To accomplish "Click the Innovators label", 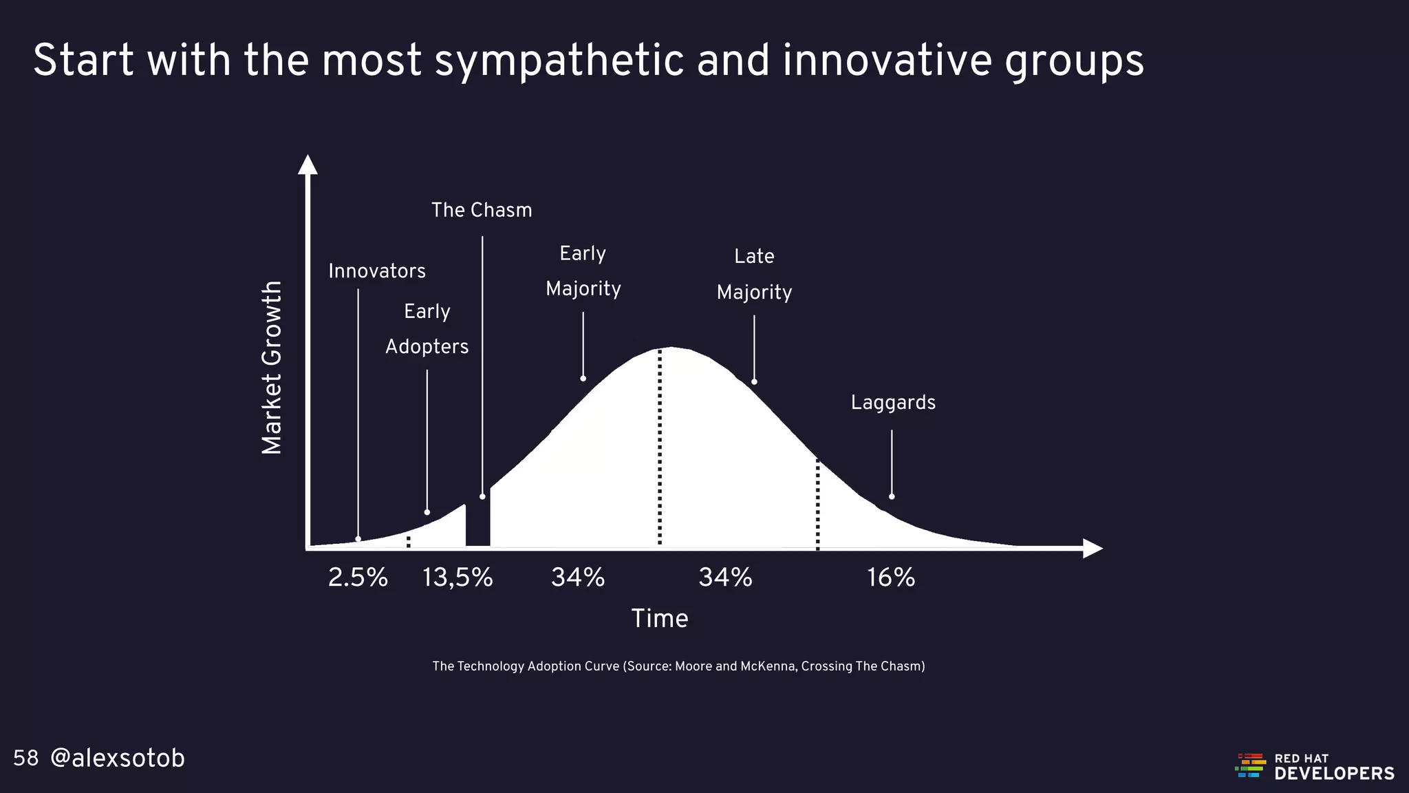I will (377, 271).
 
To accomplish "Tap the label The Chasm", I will (482, 210).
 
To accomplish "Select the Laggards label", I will (893, 403).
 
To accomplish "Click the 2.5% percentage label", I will (358, 578).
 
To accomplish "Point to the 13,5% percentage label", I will (458, 578).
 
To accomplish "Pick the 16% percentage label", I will (891, 578).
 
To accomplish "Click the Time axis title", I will (660, 618).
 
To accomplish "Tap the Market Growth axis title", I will (272, 368).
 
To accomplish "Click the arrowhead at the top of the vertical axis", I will (308, 165).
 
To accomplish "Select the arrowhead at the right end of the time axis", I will (1092, 549).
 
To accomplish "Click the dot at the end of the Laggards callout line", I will (892, 496).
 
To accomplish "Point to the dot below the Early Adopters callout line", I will (427, 512).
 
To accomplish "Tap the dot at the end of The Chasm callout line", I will (482, 496).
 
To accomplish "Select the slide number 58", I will (26, 759).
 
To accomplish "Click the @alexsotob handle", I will (118, 759).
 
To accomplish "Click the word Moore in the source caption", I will (691, 666).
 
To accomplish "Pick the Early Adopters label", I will (427, 329).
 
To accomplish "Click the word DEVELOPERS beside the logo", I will (1334, 774).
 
